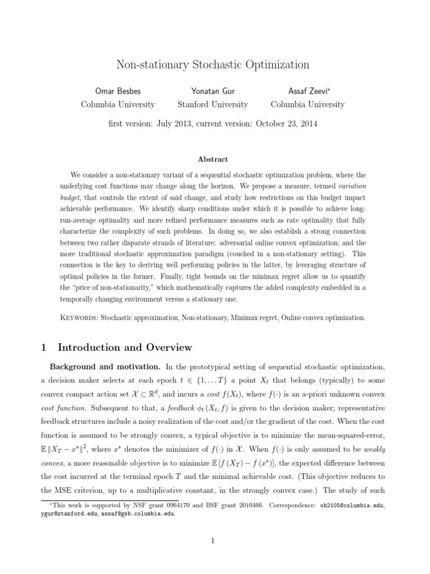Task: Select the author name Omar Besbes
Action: [x=118, y=91]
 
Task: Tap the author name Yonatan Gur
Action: [x=212, y=91]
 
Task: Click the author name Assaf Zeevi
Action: [x=306, y=91]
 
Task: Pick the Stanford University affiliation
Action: [x=212, y=104]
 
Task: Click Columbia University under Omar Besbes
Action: [x=118, y=104]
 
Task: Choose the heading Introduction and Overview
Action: [x=125, y=348]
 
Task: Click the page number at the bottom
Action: [x=213, y=540]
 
